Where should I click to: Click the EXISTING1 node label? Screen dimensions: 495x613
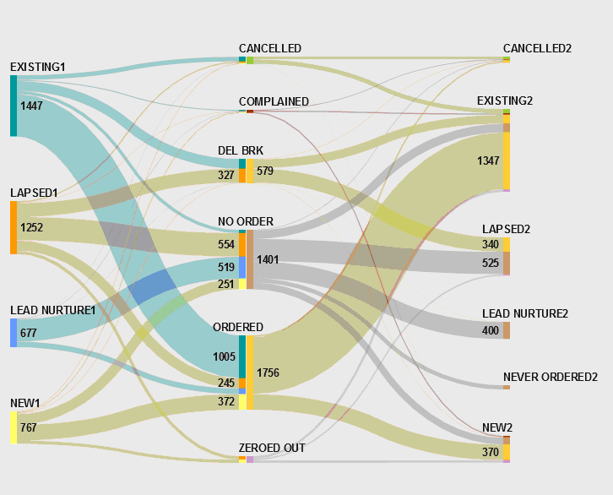pos(38,67)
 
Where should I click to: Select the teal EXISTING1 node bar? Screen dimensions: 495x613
pos(14,106)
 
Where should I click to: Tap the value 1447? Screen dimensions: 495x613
pos(32,106)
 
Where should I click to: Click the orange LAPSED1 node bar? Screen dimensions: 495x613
pos(14,227)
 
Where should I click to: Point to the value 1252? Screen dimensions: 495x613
pos(32,227)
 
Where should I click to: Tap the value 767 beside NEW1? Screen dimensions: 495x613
pos(29,428)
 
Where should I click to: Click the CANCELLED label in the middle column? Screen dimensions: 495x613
pos(270,48)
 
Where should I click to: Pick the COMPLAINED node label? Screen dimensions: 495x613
pos(274,101)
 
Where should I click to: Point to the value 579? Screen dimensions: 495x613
pos(265,171)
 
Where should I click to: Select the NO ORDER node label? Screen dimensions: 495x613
pos(246,221)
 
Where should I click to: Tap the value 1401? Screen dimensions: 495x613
pos(268,259)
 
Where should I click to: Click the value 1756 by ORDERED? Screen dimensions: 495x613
pos(268,373)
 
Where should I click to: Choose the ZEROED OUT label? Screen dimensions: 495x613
pos(272,448)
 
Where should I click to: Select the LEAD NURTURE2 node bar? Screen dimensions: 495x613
pos(507,330)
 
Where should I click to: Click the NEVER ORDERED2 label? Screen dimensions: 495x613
pos(551,377)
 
